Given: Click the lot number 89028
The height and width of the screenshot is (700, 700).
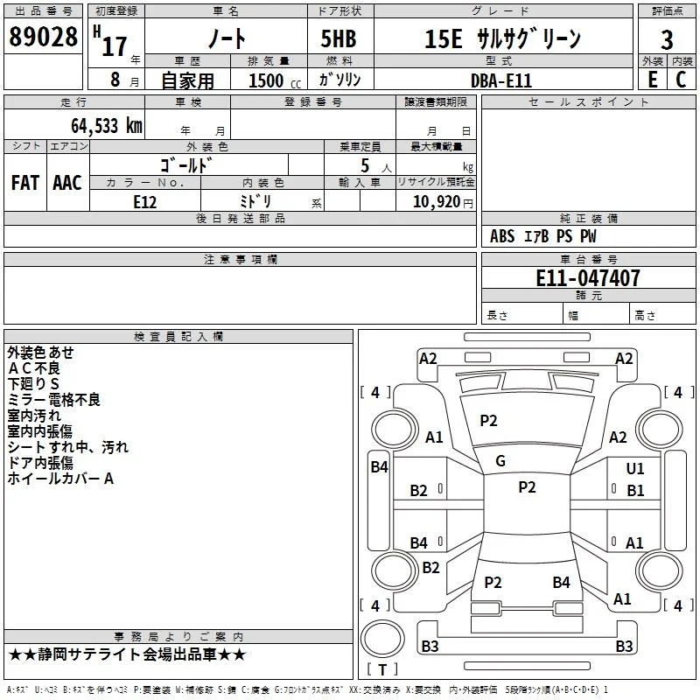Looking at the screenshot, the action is (x=43, y=37).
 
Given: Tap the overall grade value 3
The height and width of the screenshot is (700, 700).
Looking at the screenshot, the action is (x=667, y=40).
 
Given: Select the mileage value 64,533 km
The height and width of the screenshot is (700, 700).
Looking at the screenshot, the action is (x=107, y=126).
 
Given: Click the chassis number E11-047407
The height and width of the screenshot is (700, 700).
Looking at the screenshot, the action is (x=588, y=278).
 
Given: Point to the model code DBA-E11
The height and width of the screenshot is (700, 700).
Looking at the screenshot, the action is (x=501, y=80).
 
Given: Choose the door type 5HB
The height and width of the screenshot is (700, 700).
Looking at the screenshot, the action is (x=339, y=38).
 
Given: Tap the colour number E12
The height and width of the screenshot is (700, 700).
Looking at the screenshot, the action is (x=145, y=202).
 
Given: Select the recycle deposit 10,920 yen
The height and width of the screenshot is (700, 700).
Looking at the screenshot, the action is (x=443, y=202).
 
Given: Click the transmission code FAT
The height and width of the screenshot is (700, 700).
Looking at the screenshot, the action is (x=25, y=183).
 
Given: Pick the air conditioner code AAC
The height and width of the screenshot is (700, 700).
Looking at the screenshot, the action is (x=67, y=183).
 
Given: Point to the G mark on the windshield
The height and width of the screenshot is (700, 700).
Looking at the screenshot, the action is (x=500, y=461).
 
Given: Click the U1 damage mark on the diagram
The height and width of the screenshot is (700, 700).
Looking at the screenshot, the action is (x=635, y=468).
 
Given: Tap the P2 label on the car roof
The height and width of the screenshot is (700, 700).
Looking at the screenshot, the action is (x=527, y=486).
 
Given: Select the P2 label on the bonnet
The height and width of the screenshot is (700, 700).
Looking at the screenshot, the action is (x=488, y=420).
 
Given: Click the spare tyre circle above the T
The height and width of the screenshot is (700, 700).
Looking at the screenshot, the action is (x=382, y=639).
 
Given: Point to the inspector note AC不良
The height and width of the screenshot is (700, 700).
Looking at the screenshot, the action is (x=34, y=368).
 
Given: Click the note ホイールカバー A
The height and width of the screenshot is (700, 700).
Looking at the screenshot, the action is (x=60, y=479).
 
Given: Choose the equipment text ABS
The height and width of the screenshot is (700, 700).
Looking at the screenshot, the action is (x=502, y=236).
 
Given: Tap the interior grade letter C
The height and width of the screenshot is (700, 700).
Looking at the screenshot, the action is (x=681, y=80).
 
